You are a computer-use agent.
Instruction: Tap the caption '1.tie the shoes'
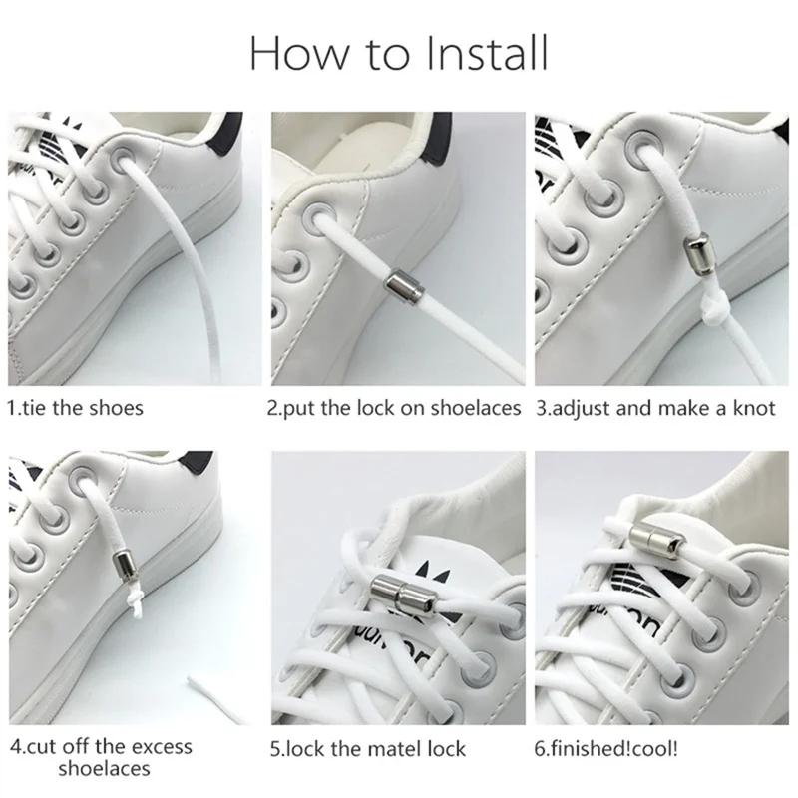click(76, 408)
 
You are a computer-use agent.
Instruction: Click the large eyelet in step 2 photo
click(321, 218)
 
